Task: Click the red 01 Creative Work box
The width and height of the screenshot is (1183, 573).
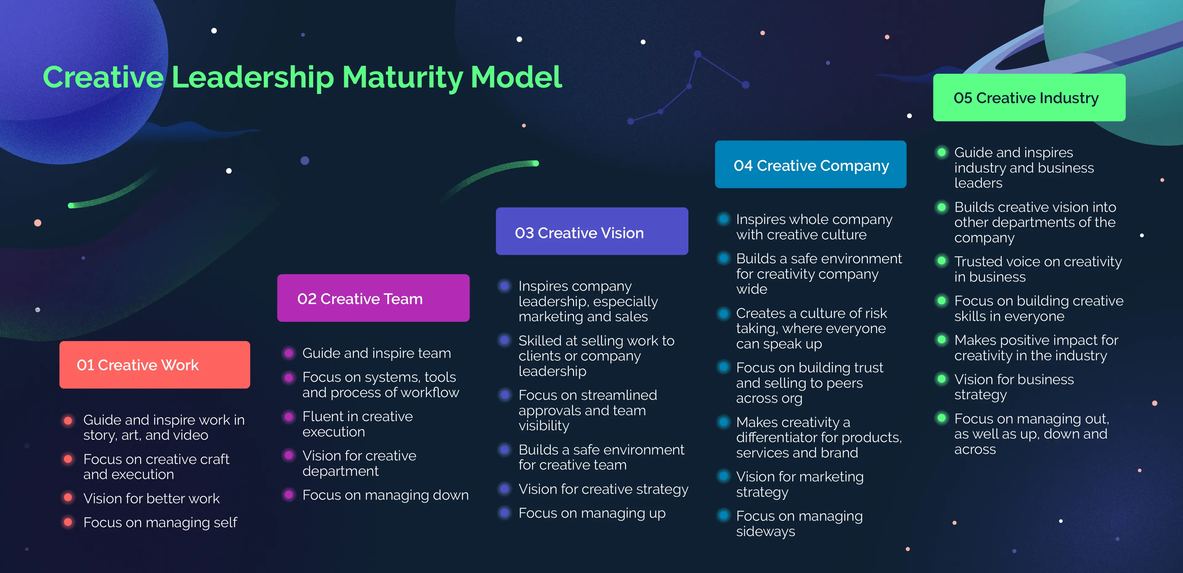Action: (x=154, y=365)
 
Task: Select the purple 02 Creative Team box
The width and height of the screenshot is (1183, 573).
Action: (x=373, y=298)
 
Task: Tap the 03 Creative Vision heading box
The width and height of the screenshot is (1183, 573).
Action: (x=591, y=232)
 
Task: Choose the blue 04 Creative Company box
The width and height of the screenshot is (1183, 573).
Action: (x=810, y=165)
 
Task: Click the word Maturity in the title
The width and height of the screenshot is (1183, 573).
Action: (x=402, y=77)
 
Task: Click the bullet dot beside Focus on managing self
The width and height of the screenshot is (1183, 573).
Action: (x=68, y=522)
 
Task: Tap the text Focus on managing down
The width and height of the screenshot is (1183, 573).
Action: (x=385, y=495)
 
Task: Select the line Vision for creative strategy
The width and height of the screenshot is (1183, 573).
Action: (x=603, y=489)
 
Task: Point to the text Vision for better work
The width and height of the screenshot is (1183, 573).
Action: (x=152, y=498)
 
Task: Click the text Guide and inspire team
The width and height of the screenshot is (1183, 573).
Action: (x=376, y=353)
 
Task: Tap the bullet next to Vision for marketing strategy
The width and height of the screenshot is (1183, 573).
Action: (x=723, y=476)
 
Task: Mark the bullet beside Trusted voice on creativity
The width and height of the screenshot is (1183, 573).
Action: (x=941, y=261)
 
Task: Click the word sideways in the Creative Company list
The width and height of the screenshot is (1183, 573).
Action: (x=766, y=531)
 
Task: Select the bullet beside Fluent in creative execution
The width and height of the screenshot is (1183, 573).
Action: (x=289, y=417)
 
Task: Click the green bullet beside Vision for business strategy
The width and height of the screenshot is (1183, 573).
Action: (x=941, y=379)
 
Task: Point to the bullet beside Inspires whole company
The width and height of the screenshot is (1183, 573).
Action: (x=723, y=219)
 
